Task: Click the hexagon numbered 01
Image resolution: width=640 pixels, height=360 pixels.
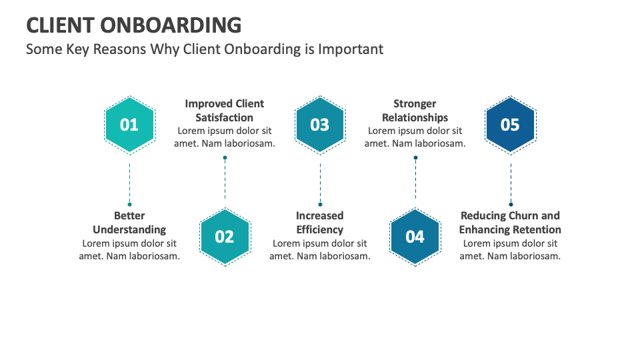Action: tap(129, 125)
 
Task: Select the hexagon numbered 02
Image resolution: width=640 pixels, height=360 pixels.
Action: tap(225, 237)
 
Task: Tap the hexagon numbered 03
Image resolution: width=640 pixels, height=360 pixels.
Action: tap(320, 125)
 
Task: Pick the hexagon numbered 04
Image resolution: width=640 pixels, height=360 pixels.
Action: tap(415, 237)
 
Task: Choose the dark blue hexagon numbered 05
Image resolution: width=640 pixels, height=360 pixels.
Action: tap(510, 125)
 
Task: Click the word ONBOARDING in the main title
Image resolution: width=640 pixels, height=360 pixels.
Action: tap(171, 25)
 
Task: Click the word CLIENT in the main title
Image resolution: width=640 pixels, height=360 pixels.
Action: tap(60, 25)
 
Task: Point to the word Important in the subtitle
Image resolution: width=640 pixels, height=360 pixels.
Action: tap(351, 49)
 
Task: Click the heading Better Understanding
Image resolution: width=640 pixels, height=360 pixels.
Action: tap(129, 223)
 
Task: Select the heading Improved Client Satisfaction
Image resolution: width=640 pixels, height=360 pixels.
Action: tap(225, 111)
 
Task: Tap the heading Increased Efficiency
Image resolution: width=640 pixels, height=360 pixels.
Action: tap(320, 223)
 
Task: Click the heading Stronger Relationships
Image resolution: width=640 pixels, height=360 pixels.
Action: tap(415, 111)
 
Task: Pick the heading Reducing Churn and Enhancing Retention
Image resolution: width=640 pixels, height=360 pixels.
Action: tap(510, 223)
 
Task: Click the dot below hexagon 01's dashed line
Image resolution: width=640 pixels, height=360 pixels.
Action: tap(129, 204)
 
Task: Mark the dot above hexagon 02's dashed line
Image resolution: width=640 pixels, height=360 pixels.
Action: tap(225, 158)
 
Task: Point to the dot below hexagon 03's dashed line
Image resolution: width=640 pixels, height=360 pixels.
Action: tap(320, 204)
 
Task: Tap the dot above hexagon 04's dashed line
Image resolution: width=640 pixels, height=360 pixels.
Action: tap(415, 158)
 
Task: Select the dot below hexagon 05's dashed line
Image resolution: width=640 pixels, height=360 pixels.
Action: tap(511, 204)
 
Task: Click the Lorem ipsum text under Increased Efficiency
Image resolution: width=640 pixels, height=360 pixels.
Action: tap(320, 250)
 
